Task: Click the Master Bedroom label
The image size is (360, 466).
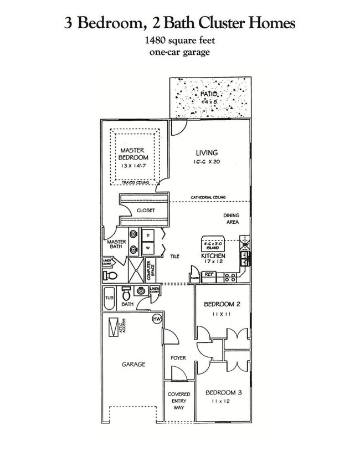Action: click(133, 154)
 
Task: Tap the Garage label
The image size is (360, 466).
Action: click(133, 364)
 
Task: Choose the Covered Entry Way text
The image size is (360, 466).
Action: click(178, 401)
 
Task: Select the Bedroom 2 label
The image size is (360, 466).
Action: click(222, 304)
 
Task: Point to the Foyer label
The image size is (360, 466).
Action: click(178, 358)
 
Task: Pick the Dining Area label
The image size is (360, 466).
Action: click(231, 219)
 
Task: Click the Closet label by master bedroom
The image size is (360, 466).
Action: click(146, 211)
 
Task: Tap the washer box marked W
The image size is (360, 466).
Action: click(148, 248)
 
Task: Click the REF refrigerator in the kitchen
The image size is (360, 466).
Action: click(209, 274)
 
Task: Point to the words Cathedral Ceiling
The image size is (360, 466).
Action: click(208, 198)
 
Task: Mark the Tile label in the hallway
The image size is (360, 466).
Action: click(175, 256)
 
